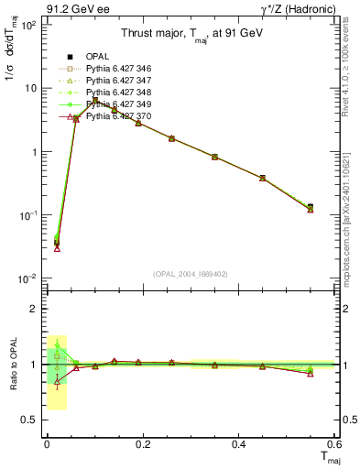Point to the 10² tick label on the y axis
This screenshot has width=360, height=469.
pos(28,25)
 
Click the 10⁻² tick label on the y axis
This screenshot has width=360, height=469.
pos(28,278)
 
